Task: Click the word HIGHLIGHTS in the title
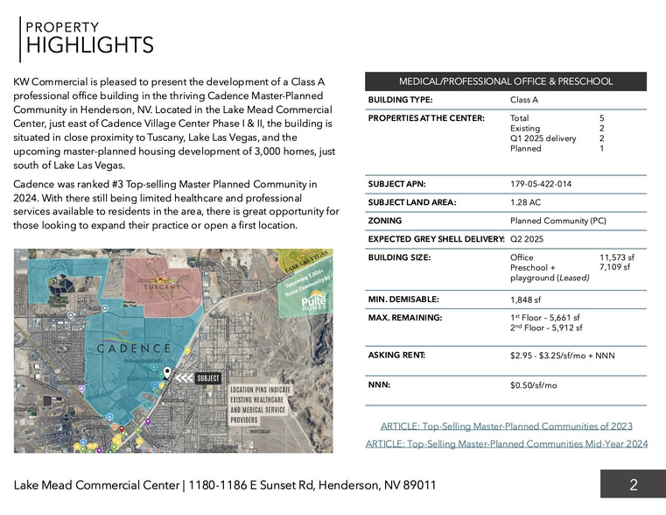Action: (x=89, y=46)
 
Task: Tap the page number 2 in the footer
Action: (x=633, y=484)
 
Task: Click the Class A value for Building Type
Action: (x=523, y=100)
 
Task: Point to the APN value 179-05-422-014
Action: (x=540, y=184)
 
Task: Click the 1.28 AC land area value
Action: (x=525, y=202)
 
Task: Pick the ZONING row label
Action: (x=385, y=221)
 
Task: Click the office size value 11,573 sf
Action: (x=616, y=257)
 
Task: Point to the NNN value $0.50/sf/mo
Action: (x=533, y=385)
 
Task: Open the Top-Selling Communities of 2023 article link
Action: (x=506, y=427)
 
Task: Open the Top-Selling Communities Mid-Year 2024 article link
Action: (x=506, y=444)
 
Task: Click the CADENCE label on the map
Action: (x=133, y=348)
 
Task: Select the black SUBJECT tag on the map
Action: (x=208, y=377)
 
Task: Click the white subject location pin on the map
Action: (x=166, y=373)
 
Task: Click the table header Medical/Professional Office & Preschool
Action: (x=506, y=81)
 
